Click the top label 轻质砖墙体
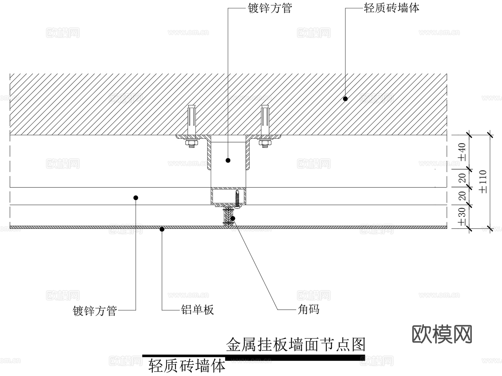pyautogui.click(x=391, y=8)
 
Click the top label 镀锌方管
pyautogui.click(x=270, y=8)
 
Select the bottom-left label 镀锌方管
pyautogui.click(x=95, y=311)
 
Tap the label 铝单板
pyautogui.click(x=197, y=310)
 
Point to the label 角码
pyautogui.click(x=308, y=309)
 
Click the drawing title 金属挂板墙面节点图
pyautogui.click(x=296, y=344)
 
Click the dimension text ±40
pyautogui.click(x=462, y=152)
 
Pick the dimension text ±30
pyautogui.click(x=462, y=216)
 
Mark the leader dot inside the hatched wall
pyautogui.click(x=345, y=99)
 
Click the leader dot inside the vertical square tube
pyautogui.click(x=228, y=160)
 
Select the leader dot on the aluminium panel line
pyautogui.click(x=162, y=229)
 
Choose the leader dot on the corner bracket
pyautogui.click(x=233, y=218)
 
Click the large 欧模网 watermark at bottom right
pyautogui.click(x=442, y=334)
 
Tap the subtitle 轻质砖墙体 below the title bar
pyautogui.click(x=187, y=366)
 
